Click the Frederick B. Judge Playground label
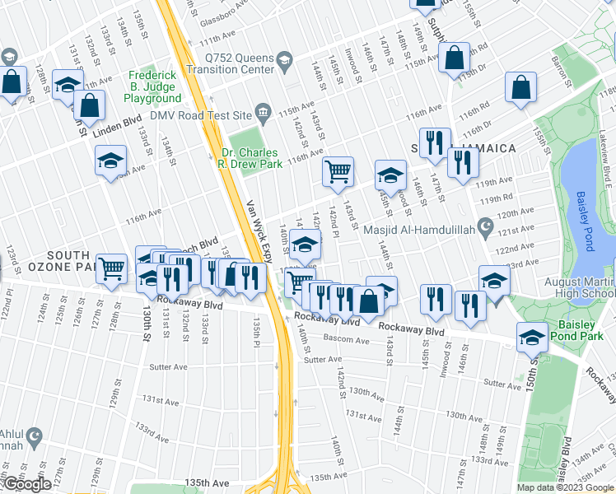coord(152,86)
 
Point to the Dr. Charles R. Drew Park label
coord(252,157)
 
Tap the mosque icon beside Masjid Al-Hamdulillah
coord(486,225)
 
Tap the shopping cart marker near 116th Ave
coord(338,172)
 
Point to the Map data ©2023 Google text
coord(565,487)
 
